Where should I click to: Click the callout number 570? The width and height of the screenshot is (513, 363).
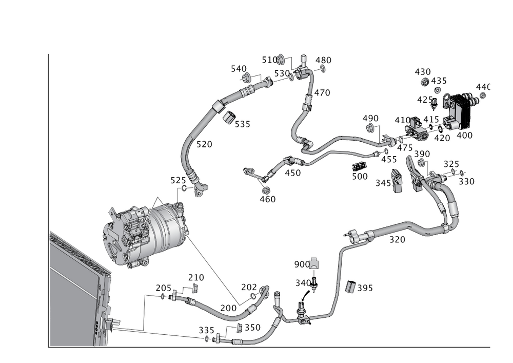coord(204,145)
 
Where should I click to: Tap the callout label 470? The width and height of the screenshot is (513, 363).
coord(322,93)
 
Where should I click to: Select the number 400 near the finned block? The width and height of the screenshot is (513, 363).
coord(464,136)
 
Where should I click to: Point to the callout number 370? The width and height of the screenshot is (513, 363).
coord(397,239)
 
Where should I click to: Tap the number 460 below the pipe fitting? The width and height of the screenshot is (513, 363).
coord(268,199)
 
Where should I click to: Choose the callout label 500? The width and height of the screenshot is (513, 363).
coord(360,176)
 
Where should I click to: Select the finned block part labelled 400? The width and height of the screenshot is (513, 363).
coord(461,110)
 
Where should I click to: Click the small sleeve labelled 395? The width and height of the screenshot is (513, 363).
coord(350,288)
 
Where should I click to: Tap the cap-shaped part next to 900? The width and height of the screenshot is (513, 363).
coord(314,263)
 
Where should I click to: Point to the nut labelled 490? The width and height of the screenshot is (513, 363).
coord(370,127)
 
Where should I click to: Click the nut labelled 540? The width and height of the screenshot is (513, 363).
coord(247,78)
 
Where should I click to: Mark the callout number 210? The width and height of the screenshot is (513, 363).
coord(196,278)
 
